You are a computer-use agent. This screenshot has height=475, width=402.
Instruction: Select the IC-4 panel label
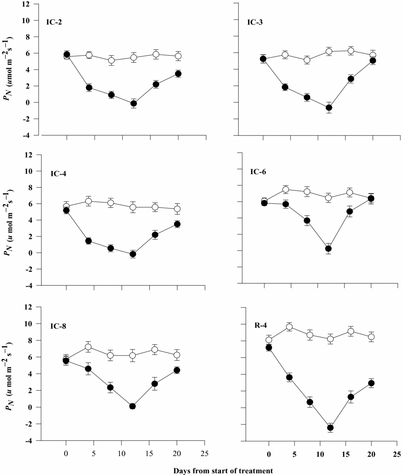tap(59, 174)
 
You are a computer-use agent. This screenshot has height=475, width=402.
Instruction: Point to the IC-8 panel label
tap(58, 326)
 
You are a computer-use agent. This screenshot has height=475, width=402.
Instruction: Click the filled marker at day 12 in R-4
tap(330, 427)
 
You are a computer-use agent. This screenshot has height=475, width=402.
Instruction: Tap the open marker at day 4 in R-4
tap(289, 327)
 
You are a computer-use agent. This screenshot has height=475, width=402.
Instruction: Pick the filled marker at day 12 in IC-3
tap(329, 107)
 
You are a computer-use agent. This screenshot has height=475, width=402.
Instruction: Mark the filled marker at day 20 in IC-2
tap(178, 74)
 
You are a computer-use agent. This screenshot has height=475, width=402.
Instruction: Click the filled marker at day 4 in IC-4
tap(89, 241)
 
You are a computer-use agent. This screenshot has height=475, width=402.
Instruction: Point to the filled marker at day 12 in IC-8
tap(133, 406)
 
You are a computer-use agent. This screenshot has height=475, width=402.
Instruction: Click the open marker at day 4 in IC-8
tap(88, 347)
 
